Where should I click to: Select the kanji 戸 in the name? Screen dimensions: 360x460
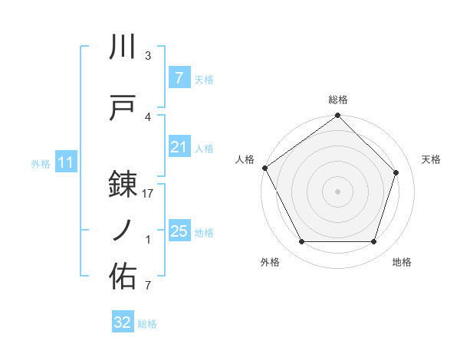click(x=123, y=108)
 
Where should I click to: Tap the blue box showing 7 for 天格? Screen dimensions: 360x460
click(x=179, y=77)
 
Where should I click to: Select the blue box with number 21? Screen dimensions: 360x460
click(x=179, y=147)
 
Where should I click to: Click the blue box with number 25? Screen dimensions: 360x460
click(x=179, y=231)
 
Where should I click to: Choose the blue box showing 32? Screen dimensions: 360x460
click(x=123, y=322)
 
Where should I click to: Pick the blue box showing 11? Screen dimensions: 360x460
click(x=65, y=162)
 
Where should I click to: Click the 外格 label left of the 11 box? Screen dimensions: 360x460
click(x=40, y=163)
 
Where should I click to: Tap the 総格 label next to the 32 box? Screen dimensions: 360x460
click(x=147, y=324)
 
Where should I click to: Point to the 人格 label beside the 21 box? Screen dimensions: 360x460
click(x=204, y=149)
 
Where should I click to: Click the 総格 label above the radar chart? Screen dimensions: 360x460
click(x=338, y=100)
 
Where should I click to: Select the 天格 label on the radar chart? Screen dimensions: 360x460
click(x=432, y=159)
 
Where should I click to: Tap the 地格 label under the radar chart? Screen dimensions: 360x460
click(x=402, y=263)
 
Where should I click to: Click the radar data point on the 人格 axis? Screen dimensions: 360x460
click(x=265, y=168)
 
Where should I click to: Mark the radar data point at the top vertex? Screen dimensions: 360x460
click(x=338, y=116)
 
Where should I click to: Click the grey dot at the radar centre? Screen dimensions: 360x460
click(x=338, y=191)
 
